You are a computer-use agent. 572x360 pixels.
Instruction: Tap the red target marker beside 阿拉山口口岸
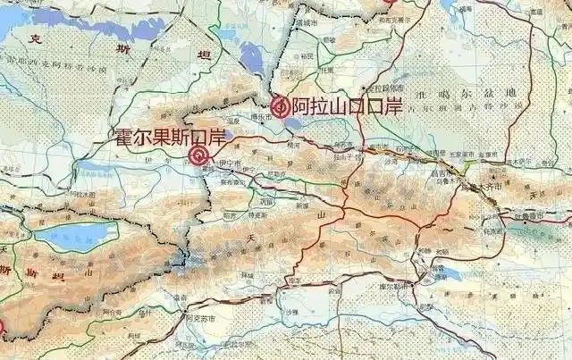tap(280, 107)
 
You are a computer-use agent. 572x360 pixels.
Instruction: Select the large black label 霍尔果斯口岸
tap(170, 138)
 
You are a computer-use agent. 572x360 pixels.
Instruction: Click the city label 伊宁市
tap(231, 163)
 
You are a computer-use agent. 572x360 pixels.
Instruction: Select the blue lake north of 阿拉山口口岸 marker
tap(253, 59)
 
